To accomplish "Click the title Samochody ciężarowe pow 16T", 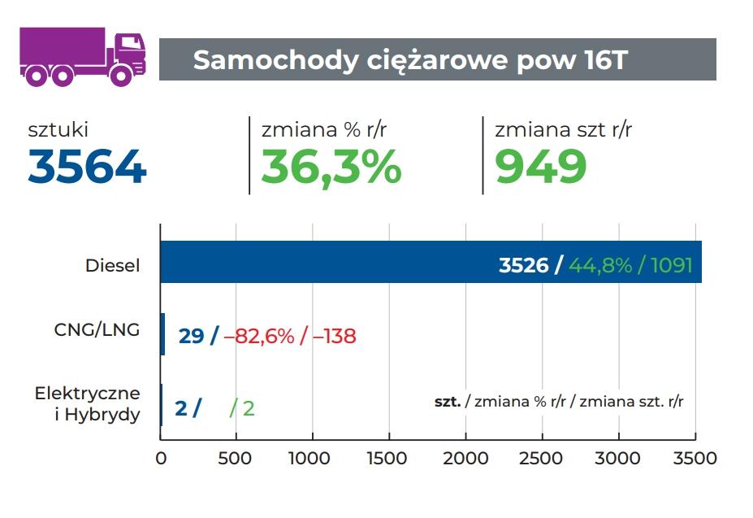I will coord(410,60).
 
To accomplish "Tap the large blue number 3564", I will coord(88,167).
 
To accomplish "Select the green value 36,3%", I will coord(331,167).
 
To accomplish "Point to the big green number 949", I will coord(541,167).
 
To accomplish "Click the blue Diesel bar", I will coord(325,263).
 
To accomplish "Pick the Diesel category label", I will coord(113,266).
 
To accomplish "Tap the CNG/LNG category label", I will coord(97,329).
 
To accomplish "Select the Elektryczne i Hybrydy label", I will coord(88,404).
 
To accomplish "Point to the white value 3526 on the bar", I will coord(524,266).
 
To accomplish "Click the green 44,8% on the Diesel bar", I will coord(600,266).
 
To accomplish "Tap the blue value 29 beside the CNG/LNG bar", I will coord(191,336).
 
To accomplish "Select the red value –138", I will coord(332,336).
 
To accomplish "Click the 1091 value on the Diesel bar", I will coord(672,266).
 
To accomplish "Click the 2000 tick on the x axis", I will coord(466,458).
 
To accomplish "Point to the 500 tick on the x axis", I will coord(236,458).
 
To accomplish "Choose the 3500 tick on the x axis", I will coord(695,458).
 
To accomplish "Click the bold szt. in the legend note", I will coord(448,401).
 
